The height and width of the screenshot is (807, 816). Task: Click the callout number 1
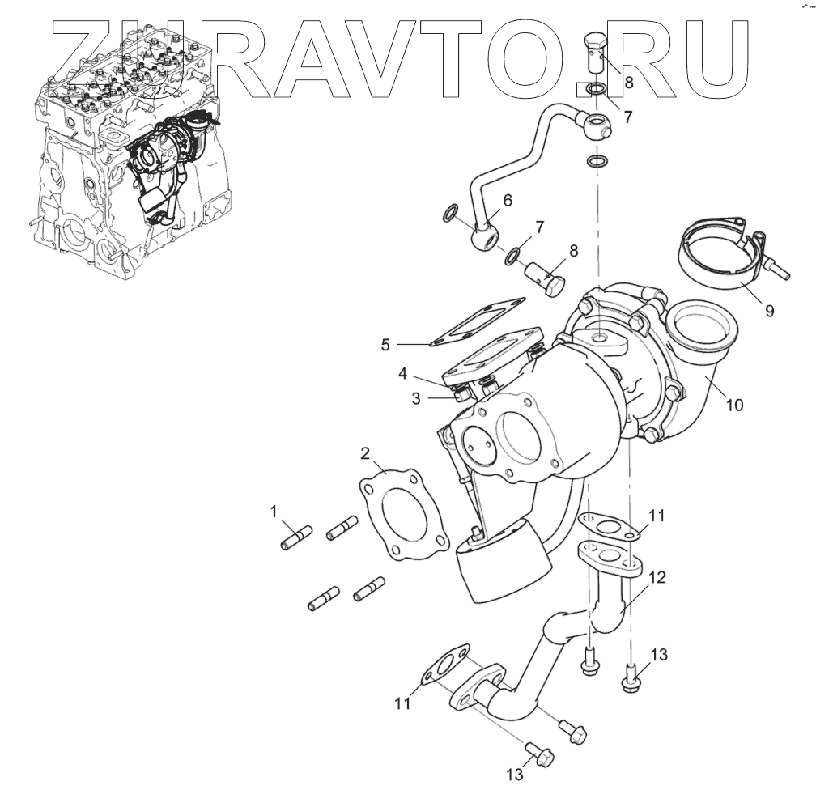(x=274, y=511)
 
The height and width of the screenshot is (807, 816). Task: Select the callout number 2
(x=365, y=452)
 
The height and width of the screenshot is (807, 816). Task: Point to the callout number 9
(x=769, y=310)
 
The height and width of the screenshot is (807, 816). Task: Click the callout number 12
(x=657, y=578)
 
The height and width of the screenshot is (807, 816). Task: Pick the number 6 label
(x=508, y=200)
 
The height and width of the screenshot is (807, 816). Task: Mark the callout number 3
(x=415, y=398)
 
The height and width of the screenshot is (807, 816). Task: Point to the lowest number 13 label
(x=515, y=775)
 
